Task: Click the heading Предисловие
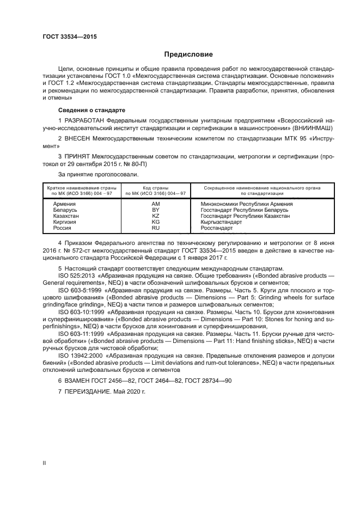coord(189,54)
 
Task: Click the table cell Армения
coord(64,203)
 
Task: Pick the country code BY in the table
coord(155,209)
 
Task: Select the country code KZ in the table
coord(155,216)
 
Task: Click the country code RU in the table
coord(155,228)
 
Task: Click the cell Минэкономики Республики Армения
coord(239,203)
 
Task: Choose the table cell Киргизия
coord(64,222)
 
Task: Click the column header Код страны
coord(155,187)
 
